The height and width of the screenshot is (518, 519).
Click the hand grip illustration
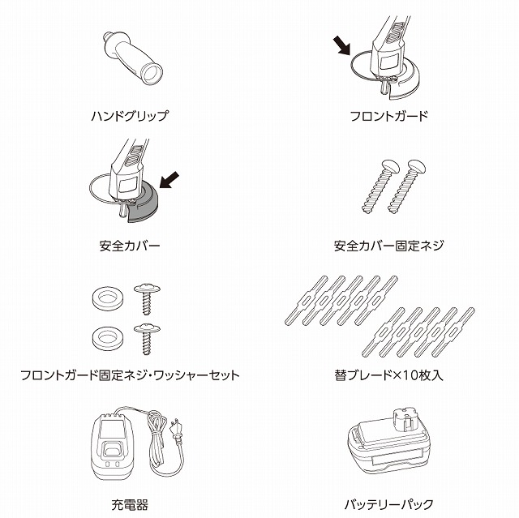tap(132, 58)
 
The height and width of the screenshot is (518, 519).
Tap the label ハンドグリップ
tap(130, 116)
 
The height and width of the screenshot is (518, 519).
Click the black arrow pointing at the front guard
tap(341, 45)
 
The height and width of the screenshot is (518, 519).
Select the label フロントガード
tap(389, 116)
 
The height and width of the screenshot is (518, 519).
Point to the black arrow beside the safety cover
tap(169, 180)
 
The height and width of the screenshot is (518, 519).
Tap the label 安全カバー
tap(130, 246)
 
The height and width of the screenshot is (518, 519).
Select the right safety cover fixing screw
tap(406, 186)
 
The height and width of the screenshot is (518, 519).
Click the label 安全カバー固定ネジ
tap(389, 246)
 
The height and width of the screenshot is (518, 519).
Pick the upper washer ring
tap(108, 298)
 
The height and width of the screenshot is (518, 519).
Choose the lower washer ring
tap(108, 338)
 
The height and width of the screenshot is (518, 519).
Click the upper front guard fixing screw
tap(147, 298)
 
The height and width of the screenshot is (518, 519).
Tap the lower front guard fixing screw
tap(147, 339)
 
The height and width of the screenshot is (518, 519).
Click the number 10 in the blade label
tap(404, 375)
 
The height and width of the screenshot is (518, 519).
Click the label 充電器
tap(130, 505)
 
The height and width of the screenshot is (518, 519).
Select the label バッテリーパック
tap(389, 505)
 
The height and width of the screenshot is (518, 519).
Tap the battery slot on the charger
tap(112, 450)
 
